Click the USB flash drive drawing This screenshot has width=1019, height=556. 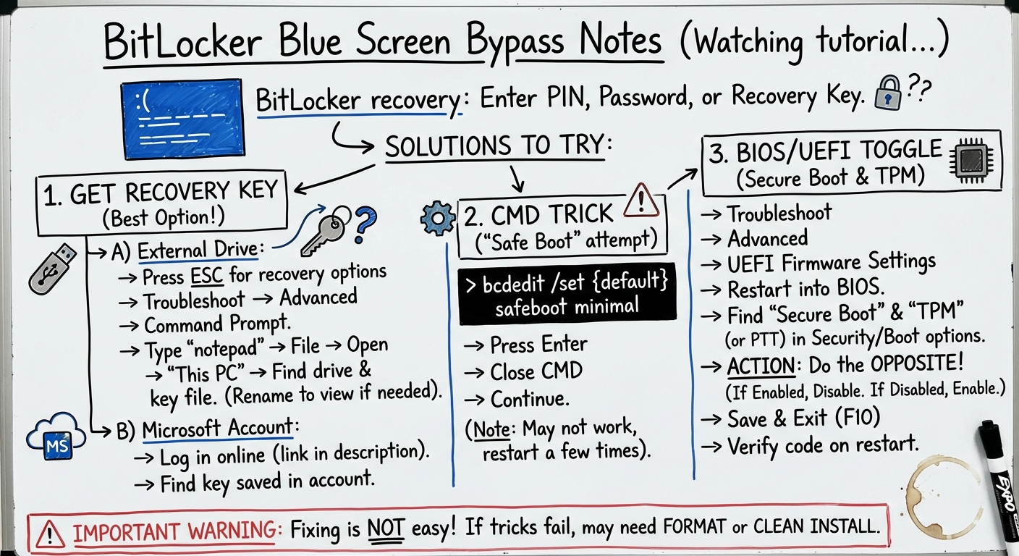click(x=51, y=268)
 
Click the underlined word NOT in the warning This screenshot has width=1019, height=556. click(x=386, y=528)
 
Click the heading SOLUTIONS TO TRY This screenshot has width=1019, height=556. click(x=498, y=146)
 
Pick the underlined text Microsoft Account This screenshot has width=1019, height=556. click(x=217, y=429)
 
